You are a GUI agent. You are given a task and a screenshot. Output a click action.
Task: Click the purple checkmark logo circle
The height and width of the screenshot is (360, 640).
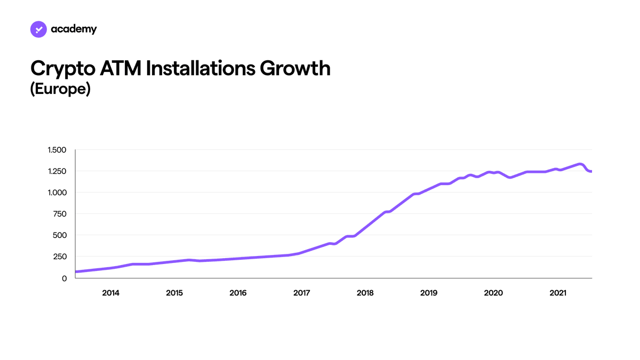point(38,29)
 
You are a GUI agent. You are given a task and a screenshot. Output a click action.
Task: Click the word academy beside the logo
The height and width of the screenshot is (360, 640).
point(74,29)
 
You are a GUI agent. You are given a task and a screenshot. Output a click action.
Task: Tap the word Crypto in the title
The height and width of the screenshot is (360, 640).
point(63,69)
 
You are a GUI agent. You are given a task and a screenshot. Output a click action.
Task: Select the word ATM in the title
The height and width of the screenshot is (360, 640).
point(121,68)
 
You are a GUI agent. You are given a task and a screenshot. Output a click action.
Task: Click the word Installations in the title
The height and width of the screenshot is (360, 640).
point(201,68)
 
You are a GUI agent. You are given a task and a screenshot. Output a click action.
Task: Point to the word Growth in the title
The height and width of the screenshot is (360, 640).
point(295,68)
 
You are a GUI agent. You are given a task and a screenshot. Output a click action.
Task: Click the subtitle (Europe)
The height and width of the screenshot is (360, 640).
point(60,89)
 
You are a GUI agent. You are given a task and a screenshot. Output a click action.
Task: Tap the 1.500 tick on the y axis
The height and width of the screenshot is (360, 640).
point(57,150)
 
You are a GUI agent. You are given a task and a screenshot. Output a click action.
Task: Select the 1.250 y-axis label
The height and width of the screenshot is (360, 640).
point(57,171)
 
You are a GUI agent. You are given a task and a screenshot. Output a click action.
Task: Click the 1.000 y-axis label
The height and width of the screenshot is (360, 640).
point(57,193)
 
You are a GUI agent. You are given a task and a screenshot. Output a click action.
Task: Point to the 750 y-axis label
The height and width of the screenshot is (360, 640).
point(60,214)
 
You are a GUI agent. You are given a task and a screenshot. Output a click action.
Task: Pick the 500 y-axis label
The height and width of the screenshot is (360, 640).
point(60,235)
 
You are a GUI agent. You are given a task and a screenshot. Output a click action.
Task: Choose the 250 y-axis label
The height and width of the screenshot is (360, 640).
point(60,257)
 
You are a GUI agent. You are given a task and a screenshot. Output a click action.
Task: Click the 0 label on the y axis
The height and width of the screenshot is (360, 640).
point(65,278)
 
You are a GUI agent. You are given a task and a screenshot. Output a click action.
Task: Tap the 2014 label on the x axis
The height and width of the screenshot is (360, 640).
point(110,293)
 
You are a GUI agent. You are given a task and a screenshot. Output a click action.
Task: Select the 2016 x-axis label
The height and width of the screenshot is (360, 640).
point(238,293)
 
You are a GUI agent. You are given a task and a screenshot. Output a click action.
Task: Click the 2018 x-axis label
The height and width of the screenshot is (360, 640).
point(365,293)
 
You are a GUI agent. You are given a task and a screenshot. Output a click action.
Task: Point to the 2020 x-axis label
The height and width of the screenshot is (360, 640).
point(493,293)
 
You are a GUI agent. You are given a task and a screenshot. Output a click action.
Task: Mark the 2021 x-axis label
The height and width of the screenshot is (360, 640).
point(558,293)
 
